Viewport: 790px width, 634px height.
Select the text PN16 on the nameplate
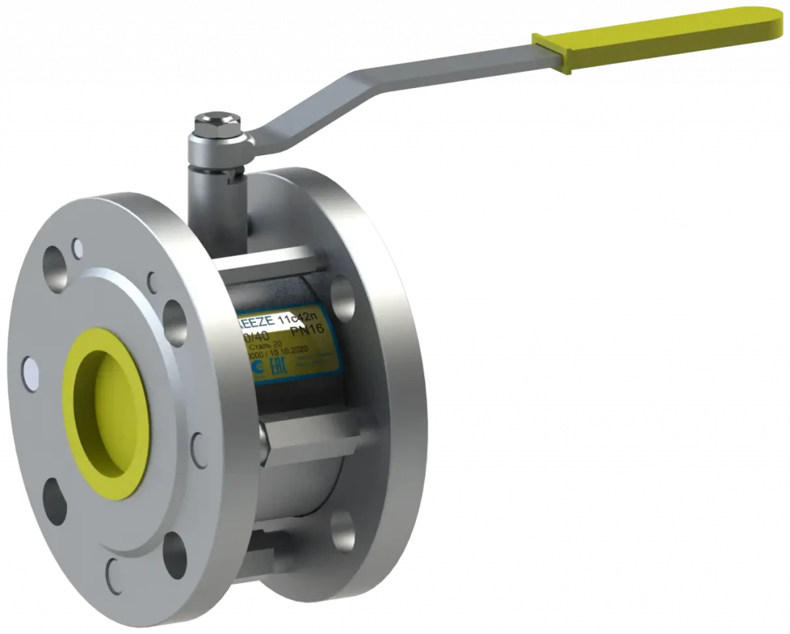tap(308, 330)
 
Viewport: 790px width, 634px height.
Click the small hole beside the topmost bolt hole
tap(77, 248)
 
